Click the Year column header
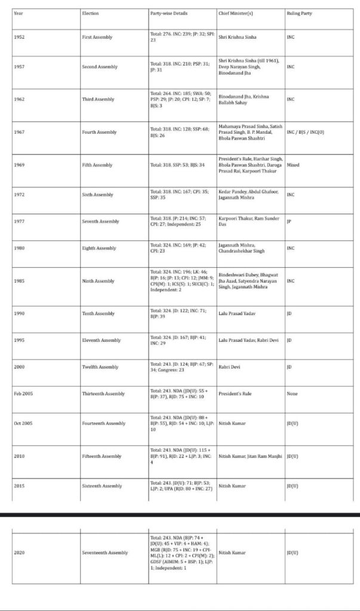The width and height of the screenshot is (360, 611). tap(18, 13)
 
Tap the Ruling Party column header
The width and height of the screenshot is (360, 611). tap(299, 13)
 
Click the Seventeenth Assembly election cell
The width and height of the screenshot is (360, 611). tap(104, 553)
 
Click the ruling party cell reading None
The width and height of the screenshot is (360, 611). tap(292, 394)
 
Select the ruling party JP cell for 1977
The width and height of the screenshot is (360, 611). tap(289, 221)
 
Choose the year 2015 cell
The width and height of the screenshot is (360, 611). tap(19, 486)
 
